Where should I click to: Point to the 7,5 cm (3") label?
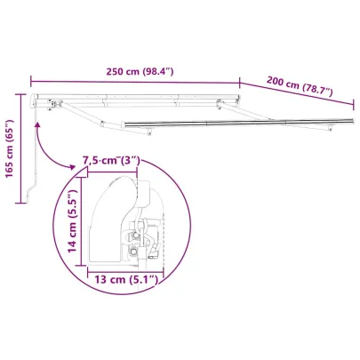tap(111, 160)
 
